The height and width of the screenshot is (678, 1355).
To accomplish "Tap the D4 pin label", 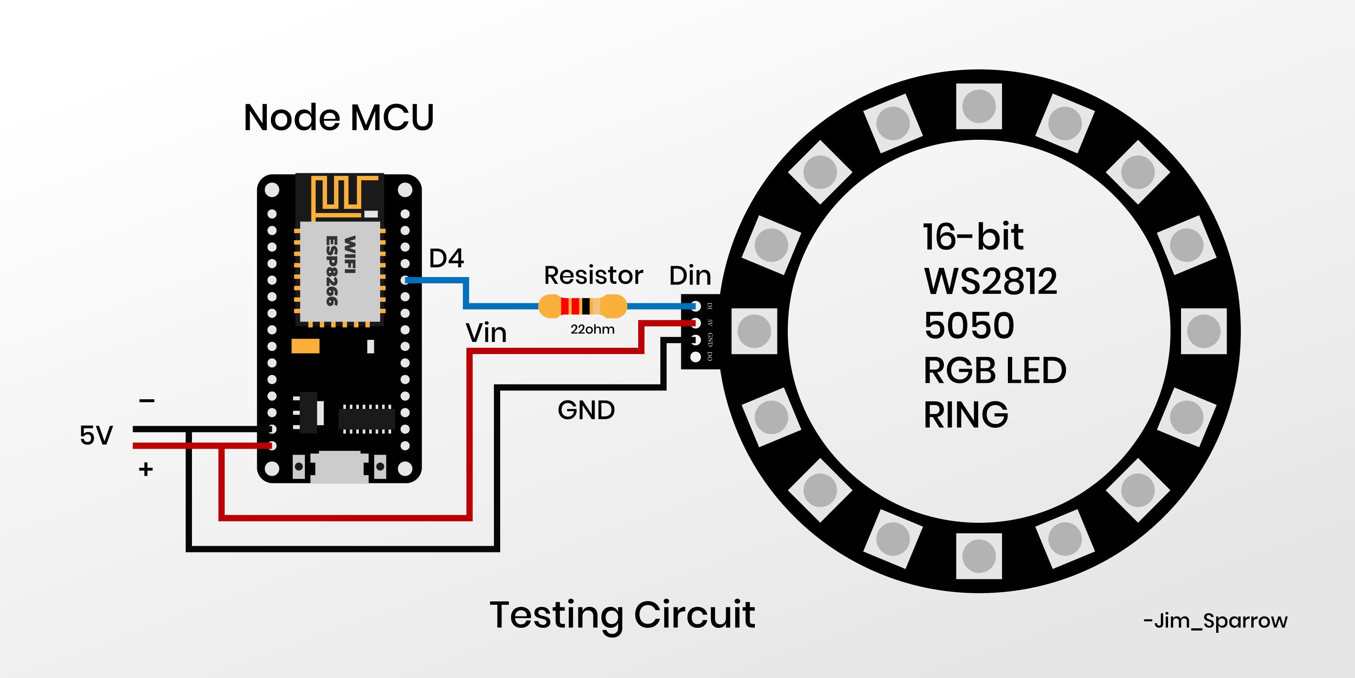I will tap(446, 258).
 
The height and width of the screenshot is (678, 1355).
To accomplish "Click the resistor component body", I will tap(582, 306).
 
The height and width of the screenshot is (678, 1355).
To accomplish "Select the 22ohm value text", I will tap(592, 329).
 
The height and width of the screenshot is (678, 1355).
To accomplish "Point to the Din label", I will tap(690, 276).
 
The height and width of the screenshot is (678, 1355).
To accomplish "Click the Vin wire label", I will tap(486, 333).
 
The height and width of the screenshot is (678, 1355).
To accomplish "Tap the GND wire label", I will tap(586, 410).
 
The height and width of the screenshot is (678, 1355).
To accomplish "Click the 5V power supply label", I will tap(96, 435).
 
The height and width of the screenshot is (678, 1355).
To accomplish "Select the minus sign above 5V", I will tap(147, 401).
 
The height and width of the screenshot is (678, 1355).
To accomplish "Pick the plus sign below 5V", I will tap(146, 469).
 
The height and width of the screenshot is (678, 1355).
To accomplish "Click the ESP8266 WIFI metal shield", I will tap(340, 271).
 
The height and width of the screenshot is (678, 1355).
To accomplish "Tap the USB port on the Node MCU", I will tap(339, 467).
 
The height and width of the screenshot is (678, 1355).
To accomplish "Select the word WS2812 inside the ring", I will tap(990, 281).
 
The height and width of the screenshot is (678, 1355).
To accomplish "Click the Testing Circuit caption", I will tap(622, 615).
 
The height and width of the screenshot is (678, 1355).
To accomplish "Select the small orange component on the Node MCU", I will tap(305, 346).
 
